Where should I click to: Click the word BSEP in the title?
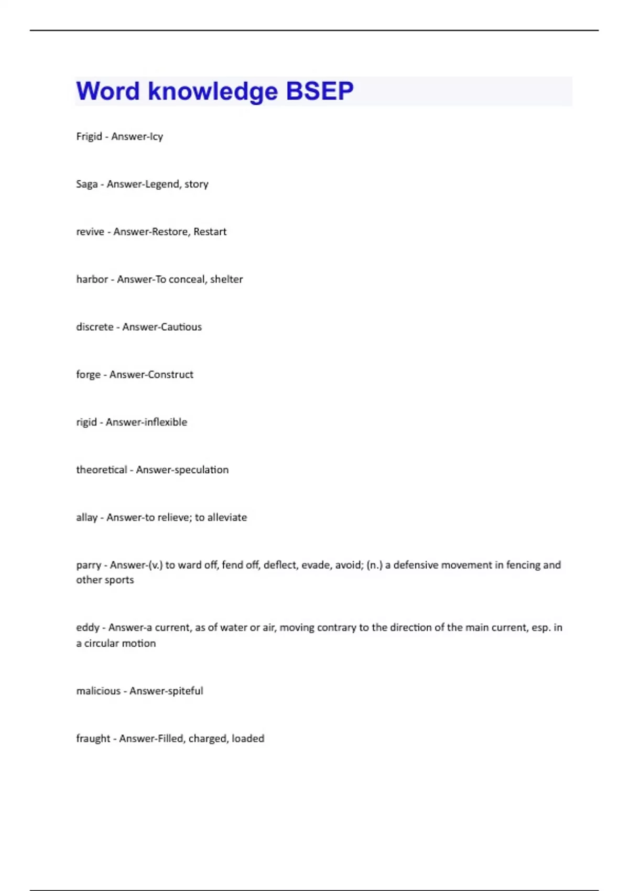(x=320, y=91)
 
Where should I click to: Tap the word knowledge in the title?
(x=213, y=91)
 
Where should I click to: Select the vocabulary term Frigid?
(x=89, y=136)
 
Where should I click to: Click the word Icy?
(x=156, y=136)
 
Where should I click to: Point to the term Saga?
(x=87, y=184)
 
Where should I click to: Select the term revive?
(x=90, y=232)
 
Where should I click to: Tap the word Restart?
(x=210, y=232)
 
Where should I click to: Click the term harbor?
(x=92, y=279)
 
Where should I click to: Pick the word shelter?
(x=226, y=279)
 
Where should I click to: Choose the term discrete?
(x=95, y=327)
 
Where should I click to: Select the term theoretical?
(x=102, y=470)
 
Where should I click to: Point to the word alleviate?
(x=227, y=518)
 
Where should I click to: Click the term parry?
(x=89, y=566)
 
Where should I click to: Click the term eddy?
(x=88, y=628)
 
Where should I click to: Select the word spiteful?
(x=184, y=691)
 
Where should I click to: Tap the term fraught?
(x=93, y=739)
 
